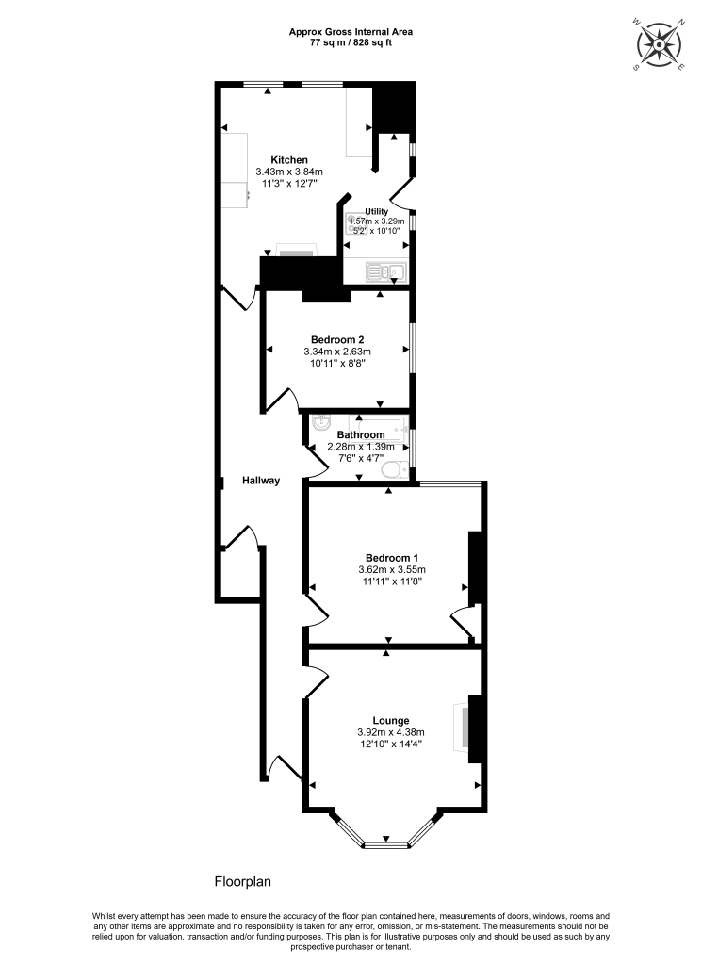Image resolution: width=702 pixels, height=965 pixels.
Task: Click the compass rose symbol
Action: (x=660, y=45)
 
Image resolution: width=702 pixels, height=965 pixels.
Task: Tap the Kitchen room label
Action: (x=289, y=159)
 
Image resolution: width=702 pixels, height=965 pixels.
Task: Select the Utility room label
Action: (x=364, y=212)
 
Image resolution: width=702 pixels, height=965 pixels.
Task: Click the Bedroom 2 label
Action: (x=337, y=340)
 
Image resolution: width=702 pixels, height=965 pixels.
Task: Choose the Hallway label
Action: (x=260, y=481)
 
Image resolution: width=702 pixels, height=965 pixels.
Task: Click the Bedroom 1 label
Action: (x=392, y=557)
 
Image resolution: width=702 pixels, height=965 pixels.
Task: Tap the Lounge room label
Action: (x=390, y=720)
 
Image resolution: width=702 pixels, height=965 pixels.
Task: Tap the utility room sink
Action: (x=386, y=273)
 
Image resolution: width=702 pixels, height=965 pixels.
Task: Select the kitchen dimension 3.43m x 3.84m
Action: (x=289, y=172)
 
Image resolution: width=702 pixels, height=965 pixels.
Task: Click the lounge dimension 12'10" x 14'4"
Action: (x=390, y=744)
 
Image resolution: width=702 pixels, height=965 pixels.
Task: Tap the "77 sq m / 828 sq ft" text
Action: (x=351, y=43)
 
